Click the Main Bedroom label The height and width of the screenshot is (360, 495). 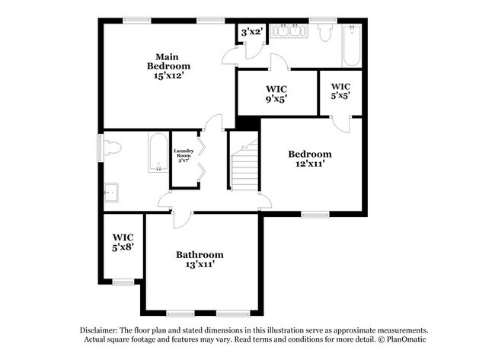(168, 66)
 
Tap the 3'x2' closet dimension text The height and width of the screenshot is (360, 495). (251, 32)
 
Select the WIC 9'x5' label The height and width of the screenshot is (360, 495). (276, 94)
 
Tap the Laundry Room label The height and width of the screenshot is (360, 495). (184, 155)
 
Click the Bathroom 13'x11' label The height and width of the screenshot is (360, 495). (200, 260)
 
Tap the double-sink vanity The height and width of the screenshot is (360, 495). (291, 32)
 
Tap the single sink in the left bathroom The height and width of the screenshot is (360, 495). (111, 193)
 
